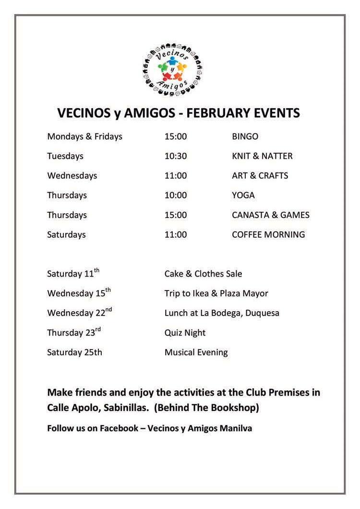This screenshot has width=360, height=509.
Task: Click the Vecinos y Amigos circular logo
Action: tap(172, 70)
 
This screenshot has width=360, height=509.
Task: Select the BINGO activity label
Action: tap(245, 136)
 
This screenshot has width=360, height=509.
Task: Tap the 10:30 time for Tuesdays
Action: tap(175, 156)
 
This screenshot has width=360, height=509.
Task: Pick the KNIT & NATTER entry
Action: tap(262, 156)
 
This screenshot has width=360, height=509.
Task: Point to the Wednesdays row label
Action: tap(72, 176)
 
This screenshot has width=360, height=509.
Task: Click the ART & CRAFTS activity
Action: tap(260, 176)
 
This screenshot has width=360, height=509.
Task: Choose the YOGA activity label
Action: tap(243, 195)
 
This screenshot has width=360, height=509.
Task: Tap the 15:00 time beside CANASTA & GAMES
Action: tap(175, 215)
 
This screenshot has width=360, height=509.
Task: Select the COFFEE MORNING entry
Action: tap(268, 235)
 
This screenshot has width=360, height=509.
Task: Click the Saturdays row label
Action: tap(66, 235)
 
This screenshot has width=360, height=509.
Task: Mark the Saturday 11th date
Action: tap(73, 274)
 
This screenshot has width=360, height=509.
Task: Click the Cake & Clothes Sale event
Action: tap(203, 274)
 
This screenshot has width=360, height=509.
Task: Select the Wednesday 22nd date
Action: tap(79, 313)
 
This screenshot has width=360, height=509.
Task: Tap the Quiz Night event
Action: tap(185, 333)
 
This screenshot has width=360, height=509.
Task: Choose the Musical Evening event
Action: tap(196, 352)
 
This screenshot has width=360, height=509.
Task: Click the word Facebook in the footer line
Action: tap(119, 428)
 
